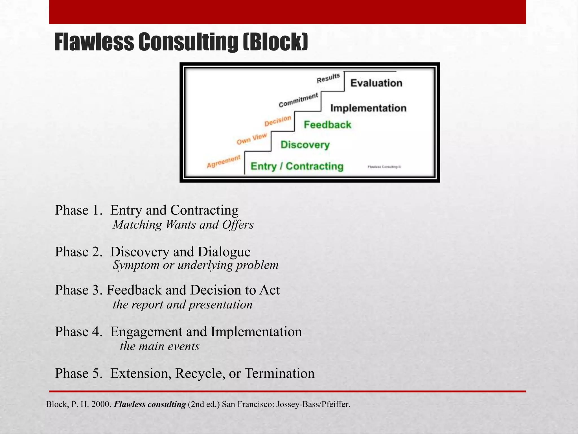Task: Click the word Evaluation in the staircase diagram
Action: tap(376, 83)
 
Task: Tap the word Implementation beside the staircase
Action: tap(368, 108)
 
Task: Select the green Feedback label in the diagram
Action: tap(327, 125)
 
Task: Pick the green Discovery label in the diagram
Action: tap(305, 145)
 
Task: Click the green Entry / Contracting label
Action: tap(297, 166)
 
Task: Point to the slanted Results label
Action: tap(328, 78)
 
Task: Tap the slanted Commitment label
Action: tap(298, 100)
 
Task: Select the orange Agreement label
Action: tap(224, 161)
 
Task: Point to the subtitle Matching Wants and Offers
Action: tap(183, 225)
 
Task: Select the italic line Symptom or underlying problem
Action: tap(196, 265)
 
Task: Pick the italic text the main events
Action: tap(159, 346)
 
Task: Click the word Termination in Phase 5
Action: tap(279, 373)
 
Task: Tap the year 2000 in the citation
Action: tap(101, 404)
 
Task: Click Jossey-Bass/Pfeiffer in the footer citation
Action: tap(313, 404)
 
